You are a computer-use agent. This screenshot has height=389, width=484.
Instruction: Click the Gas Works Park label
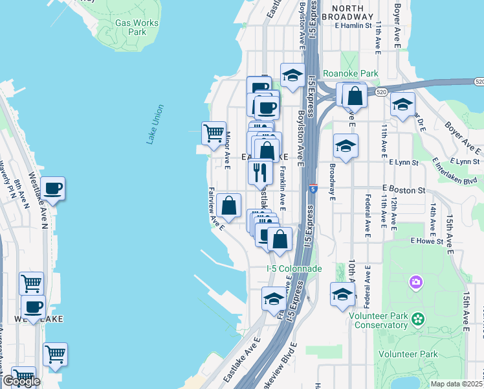point(137,27)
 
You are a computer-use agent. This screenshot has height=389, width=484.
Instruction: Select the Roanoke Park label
point(350,74)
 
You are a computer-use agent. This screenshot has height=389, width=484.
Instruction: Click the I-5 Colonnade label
point(294,268)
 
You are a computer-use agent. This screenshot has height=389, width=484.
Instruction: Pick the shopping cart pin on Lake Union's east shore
point(214,134)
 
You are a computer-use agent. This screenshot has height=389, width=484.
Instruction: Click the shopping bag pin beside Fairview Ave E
point(229,206)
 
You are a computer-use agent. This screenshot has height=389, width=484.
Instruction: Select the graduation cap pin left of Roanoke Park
point(292,75)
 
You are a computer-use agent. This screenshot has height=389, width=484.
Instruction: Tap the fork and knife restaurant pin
point(260,171)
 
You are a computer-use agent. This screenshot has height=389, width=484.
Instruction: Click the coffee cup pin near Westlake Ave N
point(53,189)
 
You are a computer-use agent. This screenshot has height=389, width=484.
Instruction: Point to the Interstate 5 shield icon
point(313,189)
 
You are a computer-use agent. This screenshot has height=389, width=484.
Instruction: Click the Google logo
point(21,381)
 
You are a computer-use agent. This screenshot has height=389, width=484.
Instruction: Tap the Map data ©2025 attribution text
point(456,384)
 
